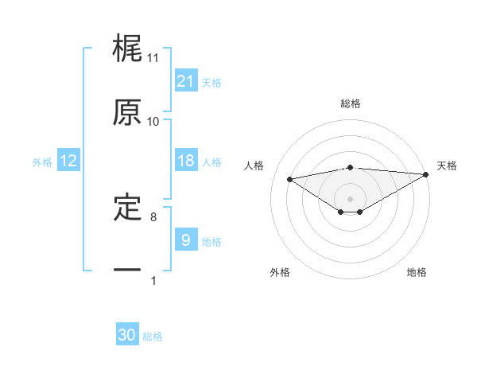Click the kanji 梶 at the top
tap(128, 49)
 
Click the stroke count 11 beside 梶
tap(153, 58)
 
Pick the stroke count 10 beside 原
tap(153, 121)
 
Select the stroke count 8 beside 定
tap(153, 216)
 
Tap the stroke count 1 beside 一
tap(153, 279)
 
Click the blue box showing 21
tap(186, 81)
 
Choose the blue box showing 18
tap(186, 161)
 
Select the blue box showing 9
tap(186, 240)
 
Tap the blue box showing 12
tap(68, 161)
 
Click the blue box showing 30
tap(127, 335)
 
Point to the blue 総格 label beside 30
tap(153, 337)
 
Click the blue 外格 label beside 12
tap(42, 162)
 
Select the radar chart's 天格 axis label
tap(447, 166)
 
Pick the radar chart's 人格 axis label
tap(255, 166)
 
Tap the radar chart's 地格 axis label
tap(417, 272)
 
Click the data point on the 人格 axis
tap(290, 178)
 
